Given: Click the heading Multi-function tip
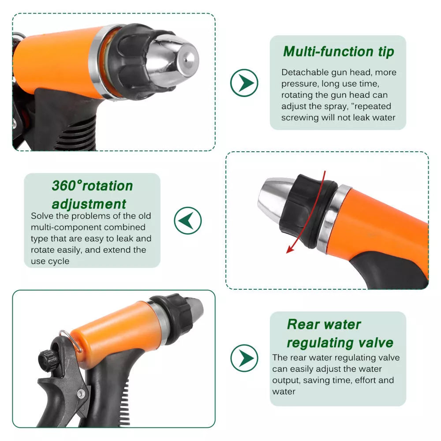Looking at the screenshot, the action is click(339, 52).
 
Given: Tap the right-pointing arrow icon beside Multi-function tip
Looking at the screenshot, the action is click(244, 83).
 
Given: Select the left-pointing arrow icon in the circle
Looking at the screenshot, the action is click(187, 220).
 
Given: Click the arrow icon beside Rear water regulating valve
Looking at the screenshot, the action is click(244, 358).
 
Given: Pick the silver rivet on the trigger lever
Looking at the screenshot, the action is click(81, 393).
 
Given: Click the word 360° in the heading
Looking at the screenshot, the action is click(67, 186).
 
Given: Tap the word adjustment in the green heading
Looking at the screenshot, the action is click(89, 204).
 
